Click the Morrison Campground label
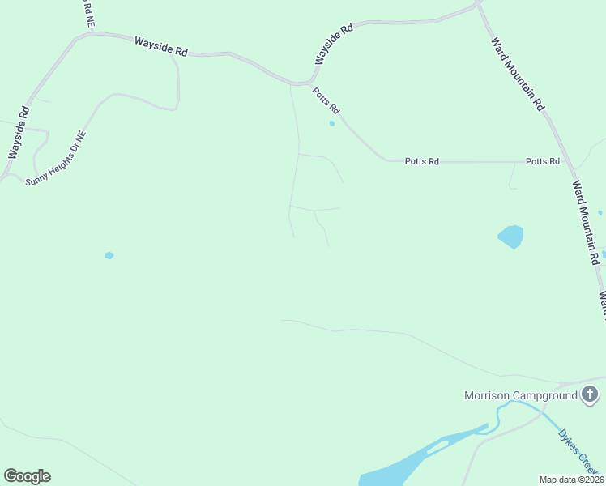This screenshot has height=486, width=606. pyautogui.click(x=520, y=395)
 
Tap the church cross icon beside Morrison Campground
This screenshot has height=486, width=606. pyautogui.click(x=590, y=395)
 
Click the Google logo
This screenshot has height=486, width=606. pyautogui.click(x=27, y=476)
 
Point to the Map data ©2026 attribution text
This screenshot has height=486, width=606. pyautogui.click(x=572, y=480)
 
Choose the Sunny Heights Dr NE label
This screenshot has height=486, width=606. pyautogui.click(x=55, y=159)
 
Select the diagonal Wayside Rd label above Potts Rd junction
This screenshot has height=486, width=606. pyautogui.click(x=334, y=45)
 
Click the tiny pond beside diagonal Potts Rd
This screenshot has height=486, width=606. pyautogui.click(x=331, y=124)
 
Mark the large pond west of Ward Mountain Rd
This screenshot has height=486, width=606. pyautogui.click(x=511, y=237)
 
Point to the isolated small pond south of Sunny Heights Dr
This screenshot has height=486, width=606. pyautogui.click(x=109, y=256)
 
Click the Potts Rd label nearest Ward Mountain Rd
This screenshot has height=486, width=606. pyautogui.click(x=542, y=161)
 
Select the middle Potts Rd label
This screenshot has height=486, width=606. pyautogui.click(x=421, y=161)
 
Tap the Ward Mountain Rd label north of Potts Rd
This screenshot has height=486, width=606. pyautogui.click(x=518, y=74)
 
